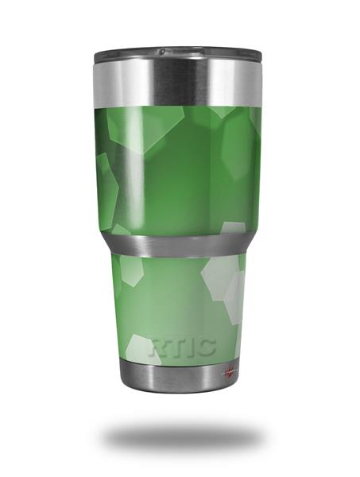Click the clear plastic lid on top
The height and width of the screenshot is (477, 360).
178,54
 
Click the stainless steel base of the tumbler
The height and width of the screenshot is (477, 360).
180,376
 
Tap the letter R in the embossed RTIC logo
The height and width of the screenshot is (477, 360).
158,347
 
